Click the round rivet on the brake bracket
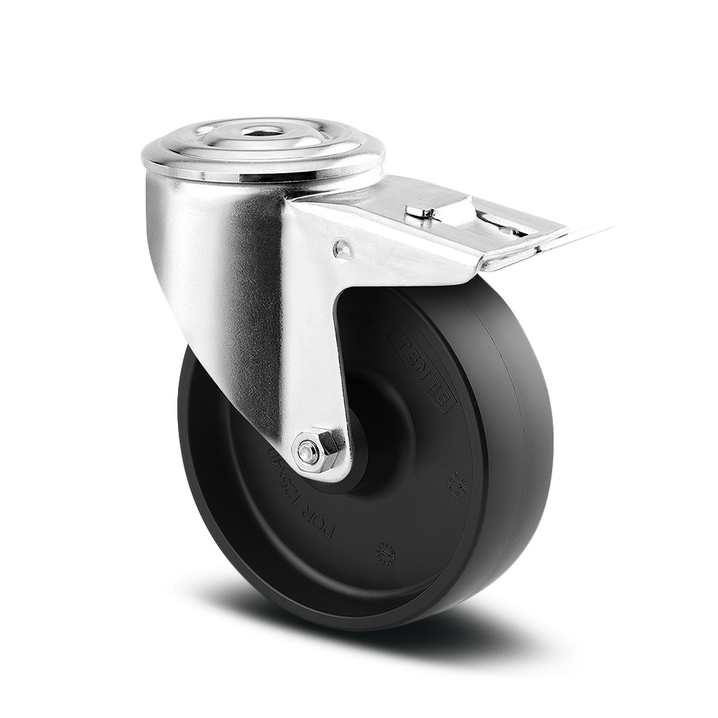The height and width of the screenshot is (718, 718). click(x=343, y=248)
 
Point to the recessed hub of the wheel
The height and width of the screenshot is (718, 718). click(x=381, y=431)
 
